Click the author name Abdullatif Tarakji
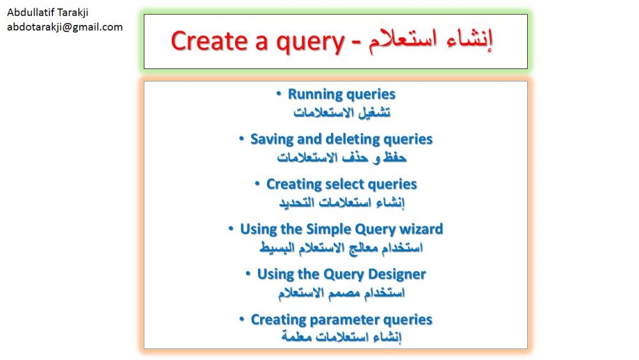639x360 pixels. pos(48,13)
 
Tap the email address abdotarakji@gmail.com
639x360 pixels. pos(65,27)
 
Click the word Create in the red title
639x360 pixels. pos(209,41)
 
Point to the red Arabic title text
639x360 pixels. pos(430,40)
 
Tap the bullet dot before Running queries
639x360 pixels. pos(279,94)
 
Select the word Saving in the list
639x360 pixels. pos(272,139)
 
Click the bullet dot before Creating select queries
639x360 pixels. pos(257,184)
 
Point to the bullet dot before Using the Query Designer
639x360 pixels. pos(248,274)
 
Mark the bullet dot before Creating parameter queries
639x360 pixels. pos(242,319)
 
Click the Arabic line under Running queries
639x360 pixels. pos(342,112)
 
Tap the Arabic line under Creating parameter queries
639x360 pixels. pos(341,337)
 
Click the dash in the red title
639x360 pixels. pos(356,43)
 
